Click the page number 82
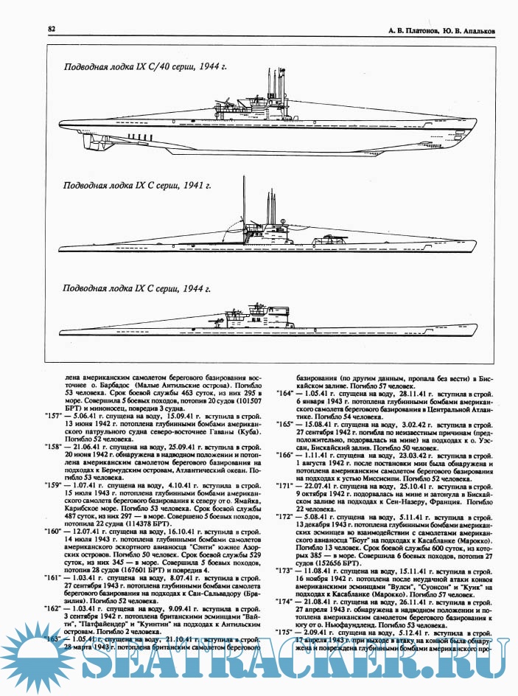(52, 29)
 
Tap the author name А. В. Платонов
(407, 32)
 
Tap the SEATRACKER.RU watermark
(258, 667)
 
